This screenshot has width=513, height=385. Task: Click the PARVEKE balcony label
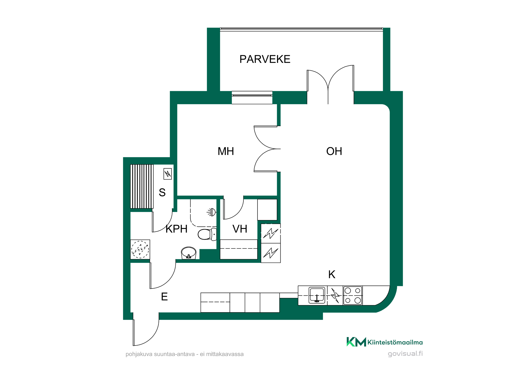tap(265, 59)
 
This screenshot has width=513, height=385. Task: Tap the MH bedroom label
tap(226, 151)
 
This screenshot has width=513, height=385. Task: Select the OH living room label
tap(334, 151)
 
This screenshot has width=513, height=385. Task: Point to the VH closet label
tap(240, 229)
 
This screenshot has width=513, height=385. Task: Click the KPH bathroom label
tap(176, 229)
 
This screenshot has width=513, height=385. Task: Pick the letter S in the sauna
tap(162, 192)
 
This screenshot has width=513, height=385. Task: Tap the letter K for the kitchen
tap(332, 274)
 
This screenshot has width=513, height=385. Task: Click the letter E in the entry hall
tap(164, 297)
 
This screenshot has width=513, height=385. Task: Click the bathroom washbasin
tap(189, 253)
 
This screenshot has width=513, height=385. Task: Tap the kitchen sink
tap(317, 295)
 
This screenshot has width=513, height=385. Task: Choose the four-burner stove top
tap(353, 295)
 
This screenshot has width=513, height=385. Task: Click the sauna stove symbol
tap(167, 174)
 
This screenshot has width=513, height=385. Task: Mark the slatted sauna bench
tap(142, 186)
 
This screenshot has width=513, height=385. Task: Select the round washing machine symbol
tap(140, 249)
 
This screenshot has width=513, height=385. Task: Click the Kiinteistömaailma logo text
tap(395, 342)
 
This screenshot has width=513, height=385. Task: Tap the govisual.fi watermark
tap(405, 354)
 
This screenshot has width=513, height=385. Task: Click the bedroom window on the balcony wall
tap(252, 98)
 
